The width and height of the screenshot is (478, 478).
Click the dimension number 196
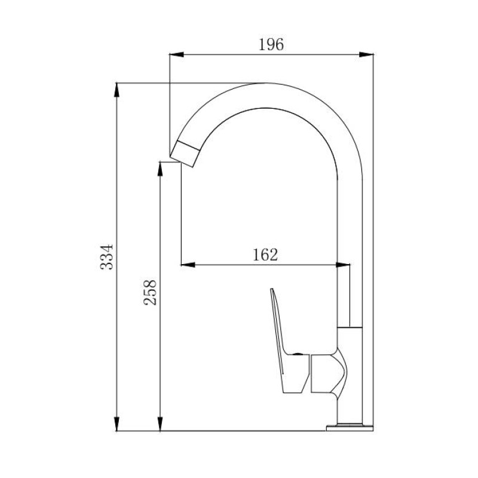[x=271, y=44]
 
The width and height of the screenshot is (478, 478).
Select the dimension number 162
[x=265, y=255]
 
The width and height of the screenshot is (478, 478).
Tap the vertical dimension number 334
[x=107, y=257]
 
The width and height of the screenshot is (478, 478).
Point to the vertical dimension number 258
[x=150, y=293]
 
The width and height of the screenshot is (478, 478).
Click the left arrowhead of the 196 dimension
[x=176, y=55]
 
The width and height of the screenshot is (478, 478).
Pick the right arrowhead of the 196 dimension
[x=366, y=55]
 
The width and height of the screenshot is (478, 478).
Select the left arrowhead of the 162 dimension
[x=188, y=265]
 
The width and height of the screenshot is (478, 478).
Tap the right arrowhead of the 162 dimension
[x=343, y=265]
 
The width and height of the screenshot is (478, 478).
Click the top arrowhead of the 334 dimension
[x=117, y=90]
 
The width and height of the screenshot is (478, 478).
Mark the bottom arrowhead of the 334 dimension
[x=117, y=424]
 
